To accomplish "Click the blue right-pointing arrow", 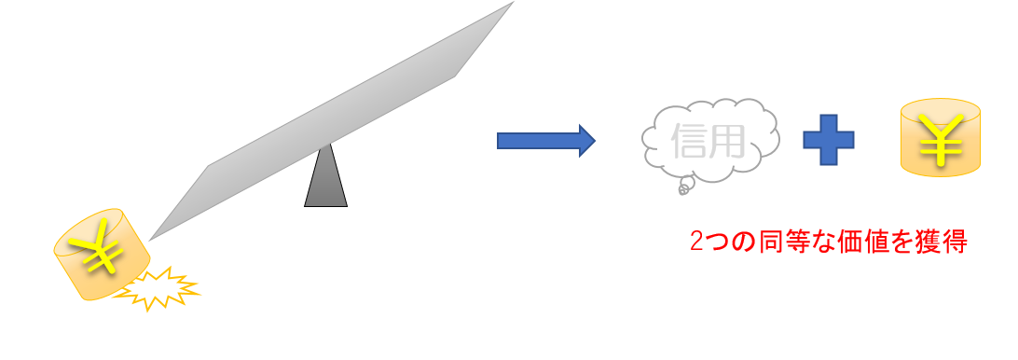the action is pyautogui.click(x=546, y=140).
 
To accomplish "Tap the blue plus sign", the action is pyautogui.click(x=829, y=140).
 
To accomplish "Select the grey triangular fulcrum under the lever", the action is pyautogui.click(x=326, y=174).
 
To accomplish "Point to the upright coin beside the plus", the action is pyautogui.click(x=940, y=137).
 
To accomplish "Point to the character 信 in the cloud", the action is pyautogui.click(x=690, y=142).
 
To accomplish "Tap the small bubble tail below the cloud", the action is pyautogui.click(x=684, y=187).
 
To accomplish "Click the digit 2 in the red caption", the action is pyautogui.click(x=696, y=242).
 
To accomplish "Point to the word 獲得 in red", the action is pyautogui.click(x=943, y=242).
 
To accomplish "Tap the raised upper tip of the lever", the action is pyautogui.click(x=514, y=2).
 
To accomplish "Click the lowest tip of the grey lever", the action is pyautogui.click(x=149, y=241).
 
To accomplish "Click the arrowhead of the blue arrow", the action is pyautogui.click(x=587, y=140).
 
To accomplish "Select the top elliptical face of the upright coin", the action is pyautogui.click(x=940, y=111).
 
